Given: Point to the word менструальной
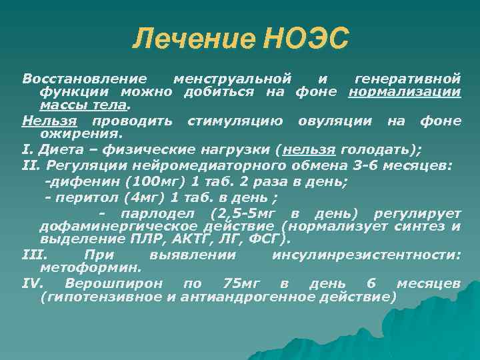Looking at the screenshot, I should tap(233, 78).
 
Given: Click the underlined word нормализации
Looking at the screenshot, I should tap(405, 91).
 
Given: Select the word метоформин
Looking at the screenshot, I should tap(90, 269).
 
